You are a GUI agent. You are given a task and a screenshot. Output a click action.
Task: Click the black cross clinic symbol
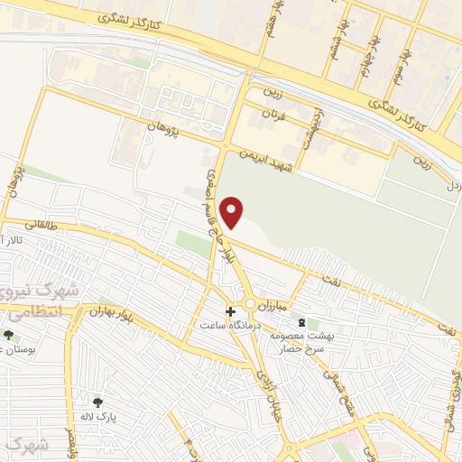point(230,310)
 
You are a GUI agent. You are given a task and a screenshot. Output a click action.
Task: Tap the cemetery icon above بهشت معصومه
point(313,323)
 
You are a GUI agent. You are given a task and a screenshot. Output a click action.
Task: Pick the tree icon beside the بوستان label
point(8,335)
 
